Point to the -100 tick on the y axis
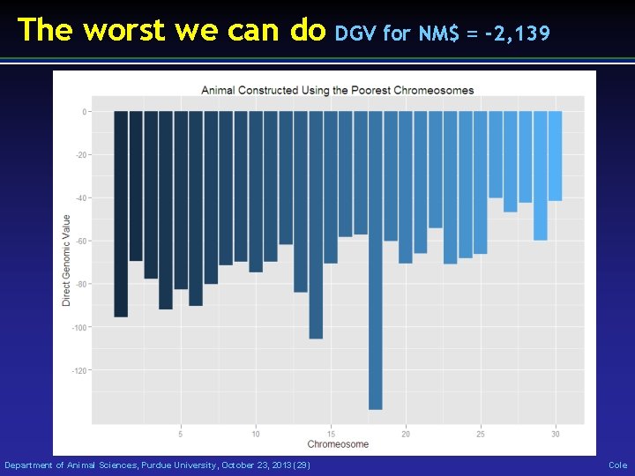(x=82, y=327)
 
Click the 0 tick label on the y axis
(x=85, y=112)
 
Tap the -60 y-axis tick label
(x=83, y=241)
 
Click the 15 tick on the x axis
(x=331, y=434)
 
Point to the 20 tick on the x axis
(x=406, y=434)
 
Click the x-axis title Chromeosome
(x=338, y=444)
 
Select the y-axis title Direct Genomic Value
(x=66, y=261)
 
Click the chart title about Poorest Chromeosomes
(x=337, y=90)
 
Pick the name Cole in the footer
(x=617, y=465)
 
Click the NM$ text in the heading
(x=439, y=33)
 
